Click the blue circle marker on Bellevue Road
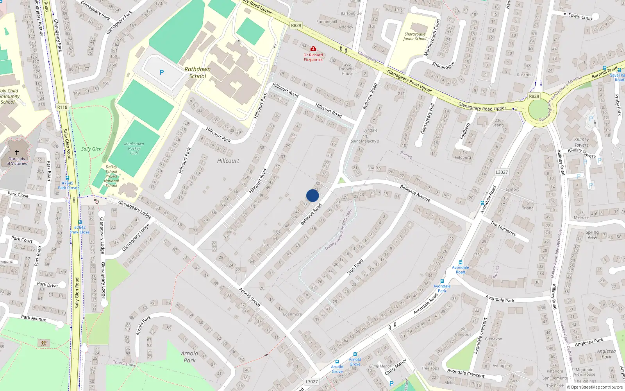coord(312,195)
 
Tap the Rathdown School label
coord(198,73)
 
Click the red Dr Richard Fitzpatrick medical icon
coord(313,49)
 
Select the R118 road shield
coord(62,107)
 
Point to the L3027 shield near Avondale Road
coord(502,172)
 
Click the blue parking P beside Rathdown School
coord(162,72)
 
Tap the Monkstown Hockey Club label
coord(134,149)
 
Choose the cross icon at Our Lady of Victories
coord(17,152)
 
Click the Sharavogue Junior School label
coord(415,36)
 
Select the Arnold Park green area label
coord(189,357)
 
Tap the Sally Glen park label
coord(91,149)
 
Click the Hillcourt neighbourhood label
coord(228,161)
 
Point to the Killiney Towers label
coord(582,142)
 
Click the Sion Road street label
coord(355,266)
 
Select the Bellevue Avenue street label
coord(415,194)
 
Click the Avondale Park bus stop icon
coord(442,281)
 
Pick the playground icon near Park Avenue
coord(43,343)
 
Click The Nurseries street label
coord(503,229)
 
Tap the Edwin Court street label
coord(580,16)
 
